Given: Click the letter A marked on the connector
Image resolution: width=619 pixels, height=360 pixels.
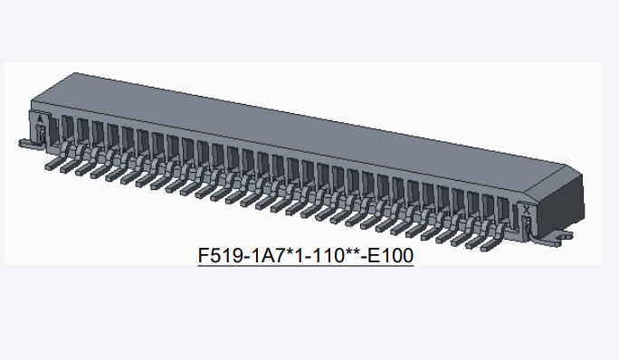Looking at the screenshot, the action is (40, 118).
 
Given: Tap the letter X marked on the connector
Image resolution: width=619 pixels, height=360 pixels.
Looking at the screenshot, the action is (526, 211).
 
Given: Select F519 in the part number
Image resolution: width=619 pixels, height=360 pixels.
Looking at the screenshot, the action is (221, 255).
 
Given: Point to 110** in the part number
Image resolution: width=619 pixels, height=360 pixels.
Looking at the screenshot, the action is (338, 255).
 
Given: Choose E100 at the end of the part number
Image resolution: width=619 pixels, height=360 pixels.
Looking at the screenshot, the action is (391, 255).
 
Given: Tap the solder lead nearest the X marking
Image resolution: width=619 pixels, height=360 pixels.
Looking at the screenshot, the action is (492, 238).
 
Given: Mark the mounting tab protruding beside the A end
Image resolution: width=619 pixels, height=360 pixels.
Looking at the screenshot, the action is (31, 145).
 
